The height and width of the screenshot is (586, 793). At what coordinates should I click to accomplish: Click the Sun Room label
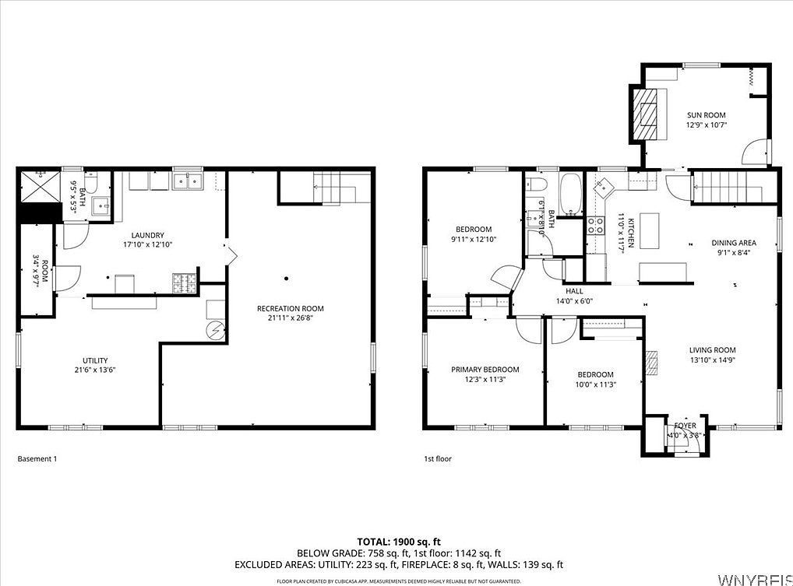pyautogui.click(x=706, y=115)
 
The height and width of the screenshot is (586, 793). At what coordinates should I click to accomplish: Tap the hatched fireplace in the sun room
pyautogui.click(x=647, y=114)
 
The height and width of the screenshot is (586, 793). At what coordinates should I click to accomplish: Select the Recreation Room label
pyautogui.click(x=290, y=309)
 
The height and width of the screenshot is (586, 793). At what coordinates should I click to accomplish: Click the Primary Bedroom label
pyautogui.click(x=485, y=370)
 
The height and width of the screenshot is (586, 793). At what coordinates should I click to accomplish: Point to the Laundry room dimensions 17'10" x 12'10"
pyautogui.click(x=146, y=244)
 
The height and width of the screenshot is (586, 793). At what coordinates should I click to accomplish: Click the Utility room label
pyautogui.click(x=95, y=360)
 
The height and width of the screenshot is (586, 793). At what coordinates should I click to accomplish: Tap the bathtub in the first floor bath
pyautogui.click(x=570, y=195)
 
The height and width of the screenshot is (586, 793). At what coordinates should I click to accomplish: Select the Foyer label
pyautogui.click(x=685, y=426)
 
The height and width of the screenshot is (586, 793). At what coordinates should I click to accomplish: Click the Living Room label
pyautogui.click(x=712, y=350)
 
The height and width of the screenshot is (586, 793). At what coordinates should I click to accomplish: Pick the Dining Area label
pyautogui.click(x=734, y=243)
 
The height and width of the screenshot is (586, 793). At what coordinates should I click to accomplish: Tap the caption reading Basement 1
pyautogui.click(x=37, y=459)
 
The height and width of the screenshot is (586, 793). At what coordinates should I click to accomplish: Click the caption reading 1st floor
pyautogui.click(x=437, y=459)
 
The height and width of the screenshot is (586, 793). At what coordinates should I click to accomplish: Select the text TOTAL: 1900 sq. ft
pyautogui.click(x=398, y=542)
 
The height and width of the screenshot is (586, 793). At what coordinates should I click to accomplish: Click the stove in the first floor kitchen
pyautogui.click(x=596, y=226)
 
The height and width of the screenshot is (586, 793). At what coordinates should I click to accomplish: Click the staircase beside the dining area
pyautogui.click(x=720, y=187)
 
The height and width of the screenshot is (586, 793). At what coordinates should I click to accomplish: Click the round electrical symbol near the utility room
pyautogui.click(x=216, y=331)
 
